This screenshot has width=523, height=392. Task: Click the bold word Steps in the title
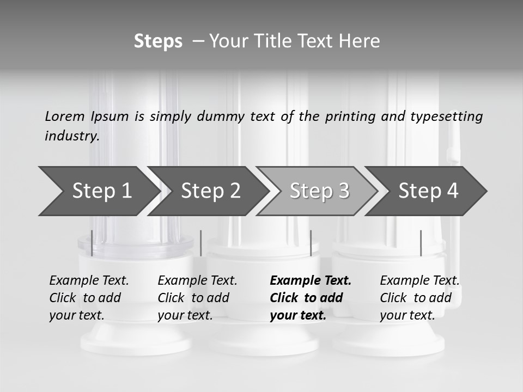point(158,41)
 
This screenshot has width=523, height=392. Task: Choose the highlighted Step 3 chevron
point(319,191)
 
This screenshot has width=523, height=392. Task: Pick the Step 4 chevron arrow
point(428,191)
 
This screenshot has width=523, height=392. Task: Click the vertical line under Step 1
point(92,243)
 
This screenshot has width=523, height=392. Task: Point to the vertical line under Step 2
point(201,243)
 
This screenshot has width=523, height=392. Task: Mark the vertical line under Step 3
point(311,243)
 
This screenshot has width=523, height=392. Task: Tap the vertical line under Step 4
point(421,243)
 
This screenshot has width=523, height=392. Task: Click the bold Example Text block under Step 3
point(311,298)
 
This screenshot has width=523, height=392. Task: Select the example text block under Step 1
point(89,298)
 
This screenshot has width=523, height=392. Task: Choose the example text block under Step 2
point(197,298)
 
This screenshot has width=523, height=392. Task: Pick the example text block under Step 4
point(419,298)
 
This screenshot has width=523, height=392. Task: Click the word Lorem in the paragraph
point(65,116)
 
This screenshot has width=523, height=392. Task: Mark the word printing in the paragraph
point(350,117)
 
